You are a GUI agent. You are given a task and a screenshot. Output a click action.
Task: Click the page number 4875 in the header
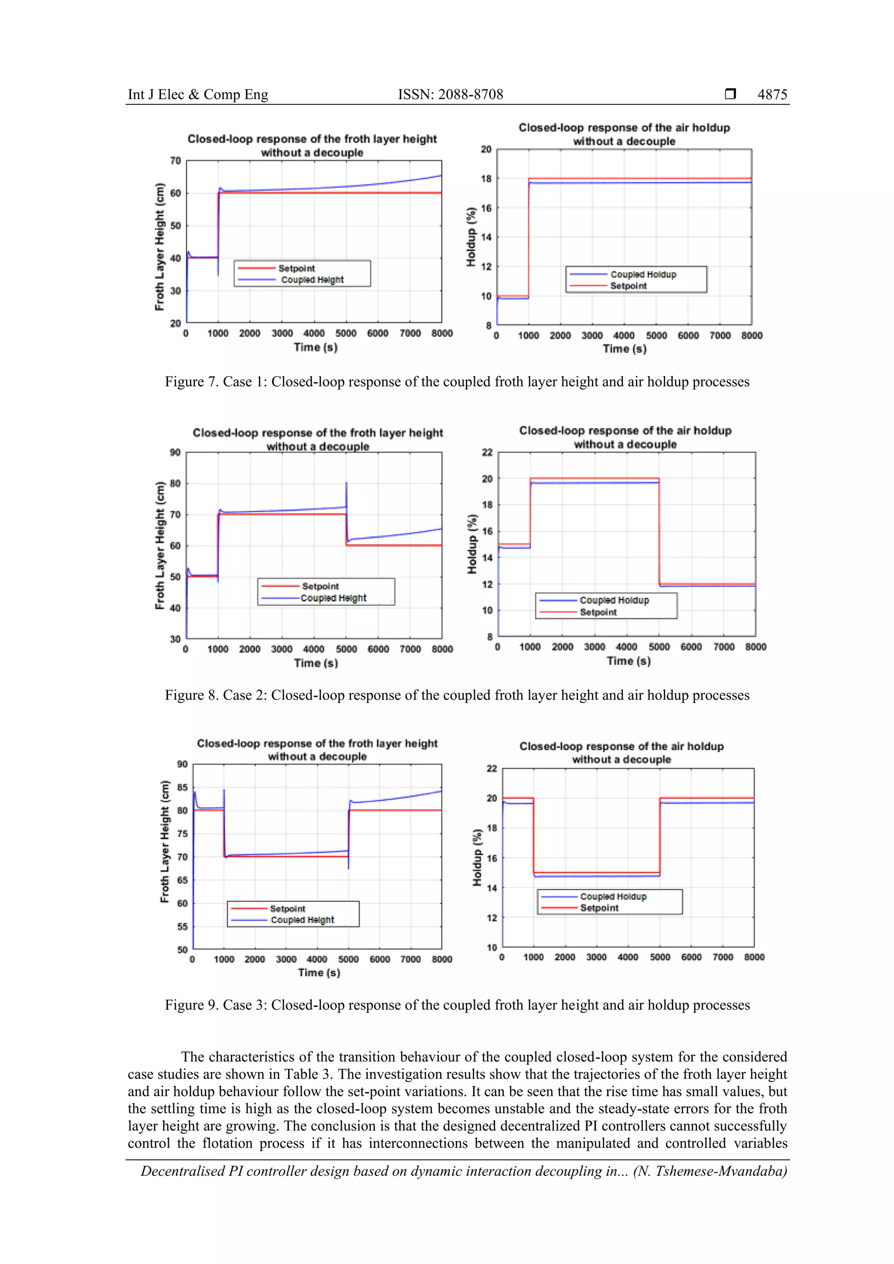[772, 95]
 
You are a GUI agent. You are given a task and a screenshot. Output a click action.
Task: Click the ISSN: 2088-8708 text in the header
[450, 95]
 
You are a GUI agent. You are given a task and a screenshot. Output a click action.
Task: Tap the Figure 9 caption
[457, 1005]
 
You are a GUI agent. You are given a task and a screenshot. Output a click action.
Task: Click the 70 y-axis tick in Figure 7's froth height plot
[175, 161]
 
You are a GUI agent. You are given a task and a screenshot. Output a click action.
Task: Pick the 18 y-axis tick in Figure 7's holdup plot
[486, 178]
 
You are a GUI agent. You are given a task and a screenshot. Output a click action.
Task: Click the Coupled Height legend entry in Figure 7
[312, 280]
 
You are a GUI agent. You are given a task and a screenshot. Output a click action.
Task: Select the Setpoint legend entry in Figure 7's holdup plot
[628, 286]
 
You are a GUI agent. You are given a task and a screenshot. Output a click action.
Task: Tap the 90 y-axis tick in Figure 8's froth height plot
[175, 452]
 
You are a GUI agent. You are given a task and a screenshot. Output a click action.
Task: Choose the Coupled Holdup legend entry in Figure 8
[614, 600]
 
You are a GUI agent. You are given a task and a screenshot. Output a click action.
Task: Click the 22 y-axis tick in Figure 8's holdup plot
[487, 452]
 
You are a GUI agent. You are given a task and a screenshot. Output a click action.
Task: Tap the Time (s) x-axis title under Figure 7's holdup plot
[624, 349]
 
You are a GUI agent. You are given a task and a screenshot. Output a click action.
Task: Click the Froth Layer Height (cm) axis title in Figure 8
[160, 545]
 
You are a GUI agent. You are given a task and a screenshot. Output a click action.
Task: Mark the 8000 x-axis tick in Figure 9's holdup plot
[753, 957]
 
